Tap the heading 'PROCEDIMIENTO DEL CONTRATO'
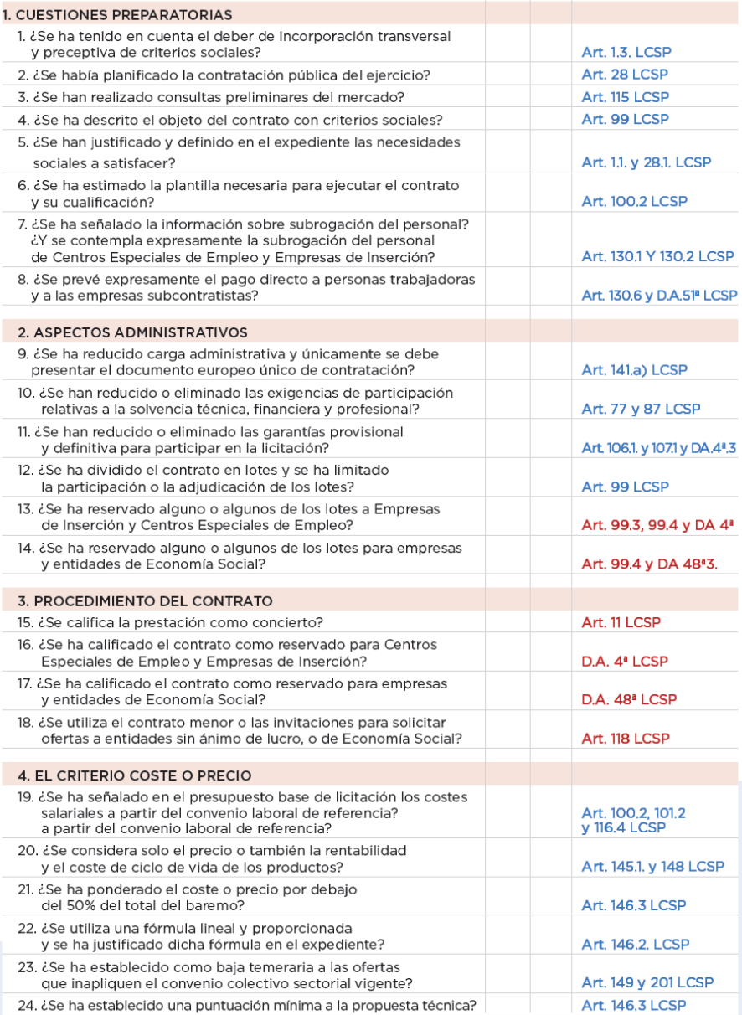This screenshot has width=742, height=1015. click(x=144, y=601)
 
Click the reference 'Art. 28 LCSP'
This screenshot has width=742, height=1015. click(x=625, y=75)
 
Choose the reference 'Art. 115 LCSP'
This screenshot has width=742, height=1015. click(x=626, y=97)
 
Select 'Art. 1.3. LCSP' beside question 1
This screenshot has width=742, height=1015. click(x=626, y=52)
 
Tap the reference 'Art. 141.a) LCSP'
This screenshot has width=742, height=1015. click(x=635, y=369)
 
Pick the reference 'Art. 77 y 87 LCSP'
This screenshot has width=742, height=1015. click(x=641, y=409)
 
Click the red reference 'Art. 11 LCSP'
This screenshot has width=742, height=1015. click(x=621, y=622)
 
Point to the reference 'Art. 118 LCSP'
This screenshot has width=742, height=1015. click(x=626, y=739)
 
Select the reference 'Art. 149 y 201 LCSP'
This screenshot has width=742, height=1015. click(x=647, y=983)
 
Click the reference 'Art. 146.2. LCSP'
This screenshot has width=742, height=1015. click(x=636, y=944)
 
